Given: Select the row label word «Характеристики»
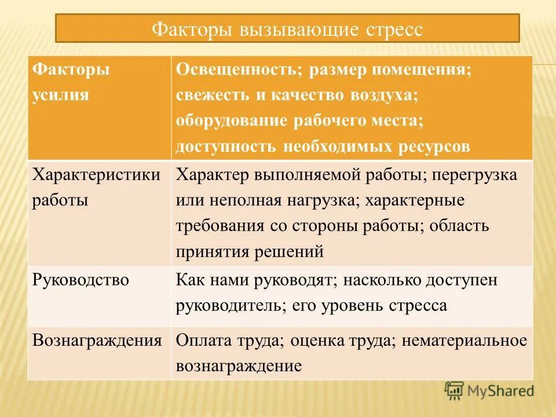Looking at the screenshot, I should point(97,175).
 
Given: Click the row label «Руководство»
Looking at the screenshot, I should point(81,280).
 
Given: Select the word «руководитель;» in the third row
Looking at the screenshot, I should point(228,306).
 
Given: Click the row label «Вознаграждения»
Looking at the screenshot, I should point(97,340).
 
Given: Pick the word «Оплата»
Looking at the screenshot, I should point(203,341).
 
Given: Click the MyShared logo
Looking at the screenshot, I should point(489,390).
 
